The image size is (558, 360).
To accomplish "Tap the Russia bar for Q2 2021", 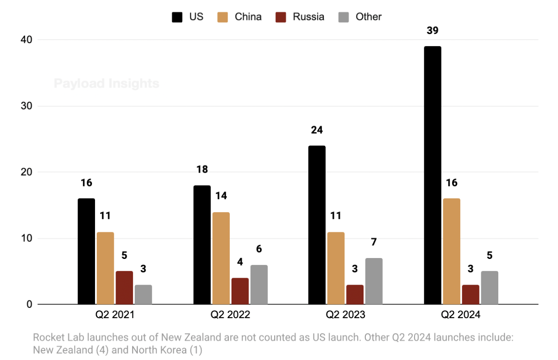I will (x=124, y=288).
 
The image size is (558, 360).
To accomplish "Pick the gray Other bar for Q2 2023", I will (x=374, y=281).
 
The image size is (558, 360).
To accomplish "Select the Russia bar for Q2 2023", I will (x=354, y=294).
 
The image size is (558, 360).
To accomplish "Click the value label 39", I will (x=432, y=31).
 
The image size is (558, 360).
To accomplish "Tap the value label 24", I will (x=317, y=130).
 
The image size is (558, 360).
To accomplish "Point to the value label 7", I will (x=374, y=242).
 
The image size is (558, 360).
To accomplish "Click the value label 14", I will (x=221, y=196).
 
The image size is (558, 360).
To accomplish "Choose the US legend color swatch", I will (x=177, y=17).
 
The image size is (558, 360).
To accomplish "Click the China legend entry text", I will (x=248, y=17).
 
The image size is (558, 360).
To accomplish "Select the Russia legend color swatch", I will (x=281, y=17).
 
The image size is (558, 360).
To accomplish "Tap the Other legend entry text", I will (x=368, y=17).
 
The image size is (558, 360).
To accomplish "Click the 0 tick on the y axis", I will (x=29, y=304).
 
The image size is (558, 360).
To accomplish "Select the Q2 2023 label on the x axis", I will (x=345, y=315).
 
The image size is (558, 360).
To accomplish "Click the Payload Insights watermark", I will (x=106, y=83).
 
